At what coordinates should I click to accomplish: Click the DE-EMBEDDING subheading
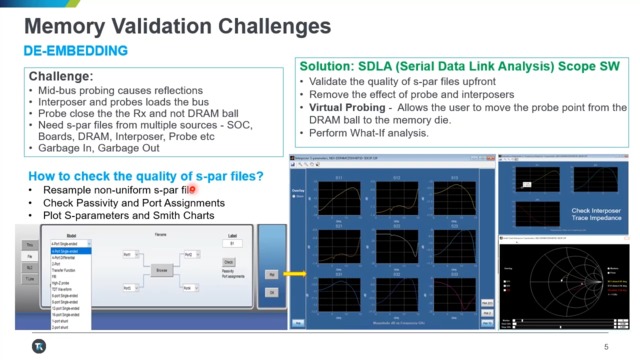click(x=76, y=50)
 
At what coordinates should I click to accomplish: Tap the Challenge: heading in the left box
click(x=61, y=76)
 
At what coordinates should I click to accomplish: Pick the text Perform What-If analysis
click(x=369, y=132)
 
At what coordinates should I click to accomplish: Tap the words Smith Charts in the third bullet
click(x=191, y=216)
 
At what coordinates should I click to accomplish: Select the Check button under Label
click(x=229, y=262)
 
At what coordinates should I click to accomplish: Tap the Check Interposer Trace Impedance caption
click(x=594, y=216)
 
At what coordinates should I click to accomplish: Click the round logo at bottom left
click(x=38, y=346)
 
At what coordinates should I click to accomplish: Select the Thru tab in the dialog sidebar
click(x=30, y=243)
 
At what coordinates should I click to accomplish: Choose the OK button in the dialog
click(x=270, y=293)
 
